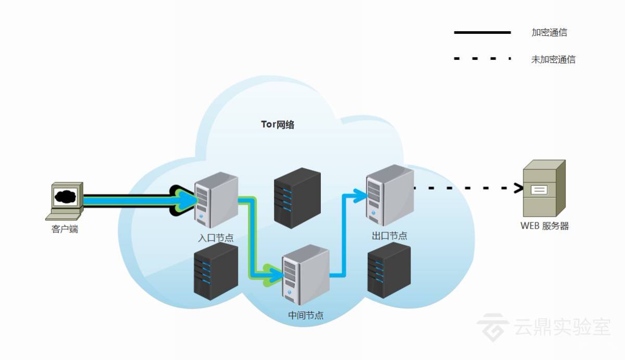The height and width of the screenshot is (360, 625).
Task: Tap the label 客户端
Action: [65, 229]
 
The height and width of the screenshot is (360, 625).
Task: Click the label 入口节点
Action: [216, 238]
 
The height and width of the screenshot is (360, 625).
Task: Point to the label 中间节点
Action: [305, 315]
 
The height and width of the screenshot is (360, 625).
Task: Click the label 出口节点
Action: [389, 236]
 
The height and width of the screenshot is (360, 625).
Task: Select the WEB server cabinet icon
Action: [544, 188]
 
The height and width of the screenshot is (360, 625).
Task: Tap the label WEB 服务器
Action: [544, 226]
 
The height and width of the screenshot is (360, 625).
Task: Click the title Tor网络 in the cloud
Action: [277, 125]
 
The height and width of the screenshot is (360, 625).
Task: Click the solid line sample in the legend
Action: [482, 32]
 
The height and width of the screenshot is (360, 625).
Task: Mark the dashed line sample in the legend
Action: [482, 59]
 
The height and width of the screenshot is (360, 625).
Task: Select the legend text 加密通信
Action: [549, 32]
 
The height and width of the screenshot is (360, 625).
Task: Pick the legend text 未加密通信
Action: [553, 59]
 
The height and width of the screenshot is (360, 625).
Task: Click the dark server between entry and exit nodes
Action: [297, 198]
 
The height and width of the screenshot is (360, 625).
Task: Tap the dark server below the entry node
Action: [216, 271]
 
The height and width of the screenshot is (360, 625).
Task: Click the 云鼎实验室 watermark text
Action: [561, 327]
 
